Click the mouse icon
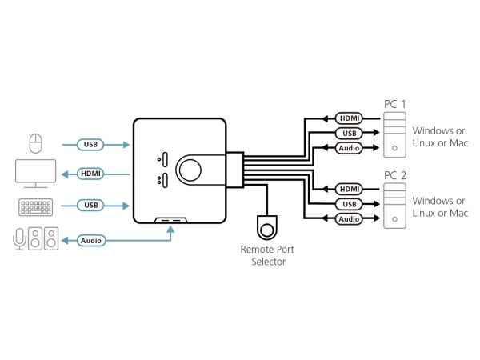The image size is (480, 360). [x=34, y=144]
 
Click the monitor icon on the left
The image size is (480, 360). [x=36, y=174]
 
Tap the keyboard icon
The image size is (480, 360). [x=36, y=206]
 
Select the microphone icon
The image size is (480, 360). [x=19, y=238]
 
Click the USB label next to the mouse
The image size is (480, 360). [x=90, y=145]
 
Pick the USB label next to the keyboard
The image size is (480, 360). [x=90, y=206]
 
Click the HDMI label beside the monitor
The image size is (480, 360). [x=90, y=174]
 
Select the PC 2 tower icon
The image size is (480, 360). [x=394, y=206]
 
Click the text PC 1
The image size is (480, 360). [x=394, y=104]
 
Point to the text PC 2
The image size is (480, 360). [x=394, y=175]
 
